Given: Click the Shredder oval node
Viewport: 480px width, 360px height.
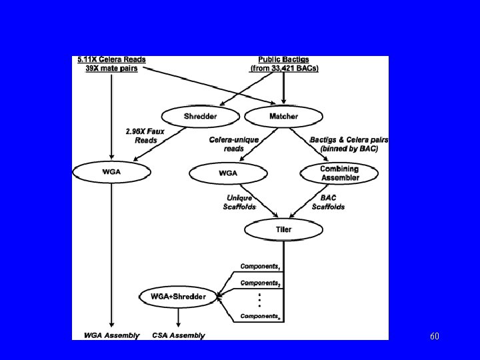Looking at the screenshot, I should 200,116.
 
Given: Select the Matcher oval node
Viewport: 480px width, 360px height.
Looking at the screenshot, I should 283,116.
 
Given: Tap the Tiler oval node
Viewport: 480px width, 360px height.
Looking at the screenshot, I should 283,230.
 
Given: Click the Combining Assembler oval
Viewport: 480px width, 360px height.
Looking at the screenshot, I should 339,173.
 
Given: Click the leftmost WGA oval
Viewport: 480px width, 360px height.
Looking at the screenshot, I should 111,171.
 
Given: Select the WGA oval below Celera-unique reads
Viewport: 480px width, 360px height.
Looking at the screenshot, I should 227,174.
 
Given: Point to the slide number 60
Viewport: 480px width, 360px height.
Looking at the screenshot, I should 434,336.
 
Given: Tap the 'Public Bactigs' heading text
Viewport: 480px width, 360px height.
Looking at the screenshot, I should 284,60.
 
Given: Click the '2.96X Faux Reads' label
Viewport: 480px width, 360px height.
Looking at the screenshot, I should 141,136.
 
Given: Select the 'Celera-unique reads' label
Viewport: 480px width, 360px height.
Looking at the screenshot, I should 233,144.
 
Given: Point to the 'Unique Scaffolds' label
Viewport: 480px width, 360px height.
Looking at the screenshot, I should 239,203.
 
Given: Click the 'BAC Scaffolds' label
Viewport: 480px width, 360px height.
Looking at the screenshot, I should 328,203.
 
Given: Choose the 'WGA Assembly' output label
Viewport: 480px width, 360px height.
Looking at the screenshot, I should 111,335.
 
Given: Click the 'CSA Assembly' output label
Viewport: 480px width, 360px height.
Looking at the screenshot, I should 179,335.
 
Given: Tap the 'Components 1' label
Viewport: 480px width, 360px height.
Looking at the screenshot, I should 261,266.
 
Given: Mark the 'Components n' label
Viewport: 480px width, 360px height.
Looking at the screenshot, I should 261,315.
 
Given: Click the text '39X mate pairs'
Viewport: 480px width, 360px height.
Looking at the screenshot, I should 112,69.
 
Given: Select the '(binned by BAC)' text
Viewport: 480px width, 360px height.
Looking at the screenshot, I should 349,149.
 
